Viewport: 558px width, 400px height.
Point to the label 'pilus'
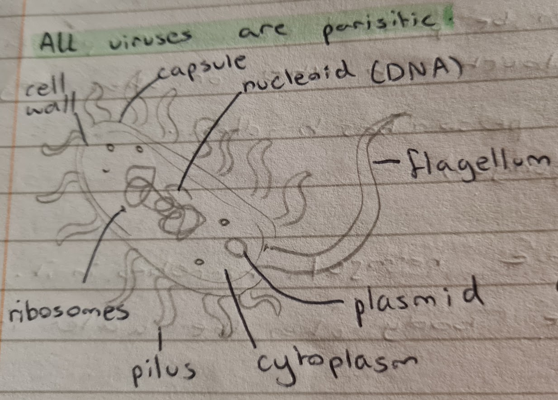point(163,371)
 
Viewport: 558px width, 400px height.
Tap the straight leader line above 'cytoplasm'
point(239,307)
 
